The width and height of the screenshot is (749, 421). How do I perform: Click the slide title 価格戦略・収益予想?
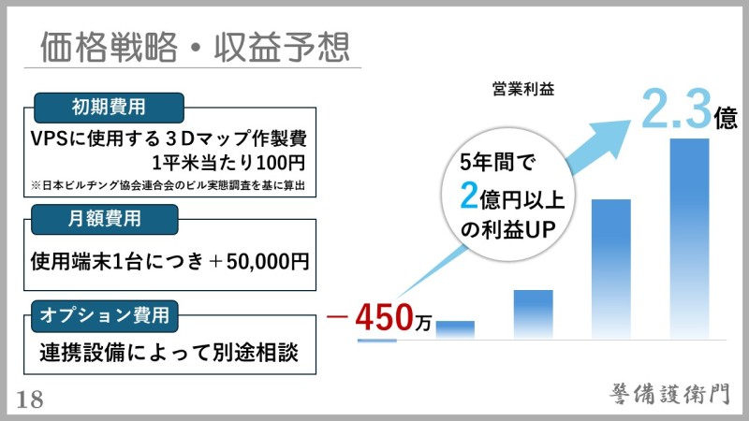[x=195, y=47]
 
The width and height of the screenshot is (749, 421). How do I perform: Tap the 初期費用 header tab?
[x=109, y=108]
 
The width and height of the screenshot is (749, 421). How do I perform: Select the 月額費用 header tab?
[x=105, y=219]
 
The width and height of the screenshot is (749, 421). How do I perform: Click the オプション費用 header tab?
[x=105, y=315]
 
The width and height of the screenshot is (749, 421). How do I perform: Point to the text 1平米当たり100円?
[x=228, y=163]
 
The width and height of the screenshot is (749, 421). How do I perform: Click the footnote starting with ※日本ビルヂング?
[x=168, y=185]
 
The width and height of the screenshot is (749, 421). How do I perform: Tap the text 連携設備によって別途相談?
[x=169, y=353]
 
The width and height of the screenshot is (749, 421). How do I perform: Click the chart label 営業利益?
[x=523, y=89]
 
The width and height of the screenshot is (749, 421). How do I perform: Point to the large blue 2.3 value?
[x=676, y=109]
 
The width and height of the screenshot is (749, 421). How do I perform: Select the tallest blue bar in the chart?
[x=689, y=239]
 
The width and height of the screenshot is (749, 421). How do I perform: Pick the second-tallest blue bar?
[x=611, y=269]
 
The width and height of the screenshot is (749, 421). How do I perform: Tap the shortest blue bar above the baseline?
[x=455, y=330]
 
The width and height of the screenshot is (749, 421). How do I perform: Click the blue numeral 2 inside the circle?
[x=469, y=196]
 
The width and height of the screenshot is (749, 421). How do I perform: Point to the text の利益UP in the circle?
[x=507, y=230]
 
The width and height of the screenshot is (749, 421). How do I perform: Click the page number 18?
[x=30, y=400]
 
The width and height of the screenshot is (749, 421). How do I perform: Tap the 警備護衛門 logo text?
[x=669, y=394]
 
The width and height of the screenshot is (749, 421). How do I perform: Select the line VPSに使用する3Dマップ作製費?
[x=169, y=138]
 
